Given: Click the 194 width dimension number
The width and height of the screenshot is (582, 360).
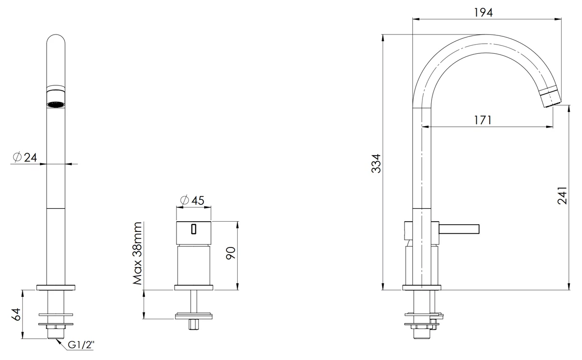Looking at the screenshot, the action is click(x=483, y=13).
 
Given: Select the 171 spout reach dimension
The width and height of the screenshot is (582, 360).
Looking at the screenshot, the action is click(x=483, y=120).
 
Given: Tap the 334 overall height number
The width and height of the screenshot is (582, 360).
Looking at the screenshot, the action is click(x=376, y=164).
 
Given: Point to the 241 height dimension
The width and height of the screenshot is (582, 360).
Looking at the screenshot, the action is click(x=563, y=196).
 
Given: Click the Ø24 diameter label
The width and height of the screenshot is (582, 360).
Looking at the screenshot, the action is click(x=25, y=157).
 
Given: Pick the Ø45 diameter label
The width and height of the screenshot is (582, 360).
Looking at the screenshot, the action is click(x=192, y=200).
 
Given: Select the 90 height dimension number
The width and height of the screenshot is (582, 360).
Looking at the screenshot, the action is click(x=230, y=253).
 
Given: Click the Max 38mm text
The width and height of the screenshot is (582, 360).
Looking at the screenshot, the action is click(x=137, y=253).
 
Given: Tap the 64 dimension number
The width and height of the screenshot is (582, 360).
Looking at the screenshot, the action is click(x=16, y=314).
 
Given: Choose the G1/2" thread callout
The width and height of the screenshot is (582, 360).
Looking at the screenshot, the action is click(x=81, y=345).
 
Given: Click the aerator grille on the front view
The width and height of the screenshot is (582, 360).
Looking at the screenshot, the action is click(x=56, y=104).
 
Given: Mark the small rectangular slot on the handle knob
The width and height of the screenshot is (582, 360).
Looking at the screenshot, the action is click(x=194, y=229).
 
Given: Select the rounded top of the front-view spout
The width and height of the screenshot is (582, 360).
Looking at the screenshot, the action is click(x=56, y=39).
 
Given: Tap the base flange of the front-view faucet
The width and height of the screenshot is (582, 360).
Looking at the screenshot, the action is click(x=56, y=288).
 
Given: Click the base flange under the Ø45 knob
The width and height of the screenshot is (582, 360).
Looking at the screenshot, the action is click(x=194, y=288).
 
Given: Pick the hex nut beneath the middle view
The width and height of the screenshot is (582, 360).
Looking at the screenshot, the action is click(x=194, y=325).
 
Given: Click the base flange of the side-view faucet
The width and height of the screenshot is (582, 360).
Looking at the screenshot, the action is click(x=421, y=288).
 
